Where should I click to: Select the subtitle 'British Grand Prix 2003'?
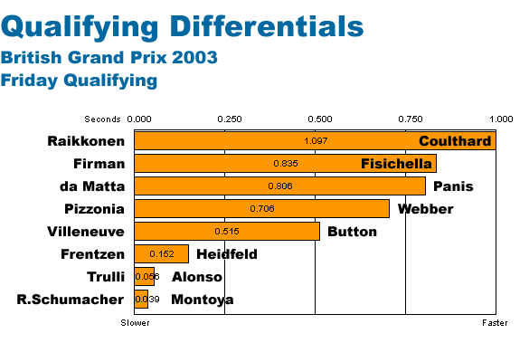pyautogui.click(x=109, y=57)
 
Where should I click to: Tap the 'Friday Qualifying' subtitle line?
pyautogui.click(x=79, y=81)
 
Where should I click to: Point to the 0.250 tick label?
pyautogui.click(x=230, y=119)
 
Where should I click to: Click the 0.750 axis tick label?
pyautogui.click(x=411, y=119)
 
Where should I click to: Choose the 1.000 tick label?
pyautogui.click(x=501, y=119)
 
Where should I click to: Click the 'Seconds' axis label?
pyautogui.click(x=102, y=119)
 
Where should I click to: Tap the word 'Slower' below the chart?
pyautogui.click(x=135, y=323)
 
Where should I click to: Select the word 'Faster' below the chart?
pyautogui.click(x=495, y=323)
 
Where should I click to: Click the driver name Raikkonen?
pyautogui.click(x=86, y=141)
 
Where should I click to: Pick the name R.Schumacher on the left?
pyautogui.click(x=71, y=300)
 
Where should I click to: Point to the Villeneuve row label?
pyautogui.click(x=86, y=232)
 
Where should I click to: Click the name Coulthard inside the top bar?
pyautogui.click(x=455, y=141)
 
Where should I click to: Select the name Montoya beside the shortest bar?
pyautogui.click(x=202, y=300)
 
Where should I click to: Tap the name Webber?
pyautogui.click(x=425, y=209)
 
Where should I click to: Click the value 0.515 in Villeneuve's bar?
pyautogui.click(x=227, y=232)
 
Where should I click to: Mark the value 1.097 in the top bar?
pyautogui.click(x=316, y=141)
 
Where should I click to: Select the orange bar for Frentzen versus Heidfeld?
pyautogui.click(x=161, y=254)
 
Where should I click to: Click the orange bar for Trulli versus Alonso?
pyautogui.click(x=144, y=277)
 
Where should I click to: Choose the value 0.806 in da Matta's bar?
pyautogui.click(x=280, y=186)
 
